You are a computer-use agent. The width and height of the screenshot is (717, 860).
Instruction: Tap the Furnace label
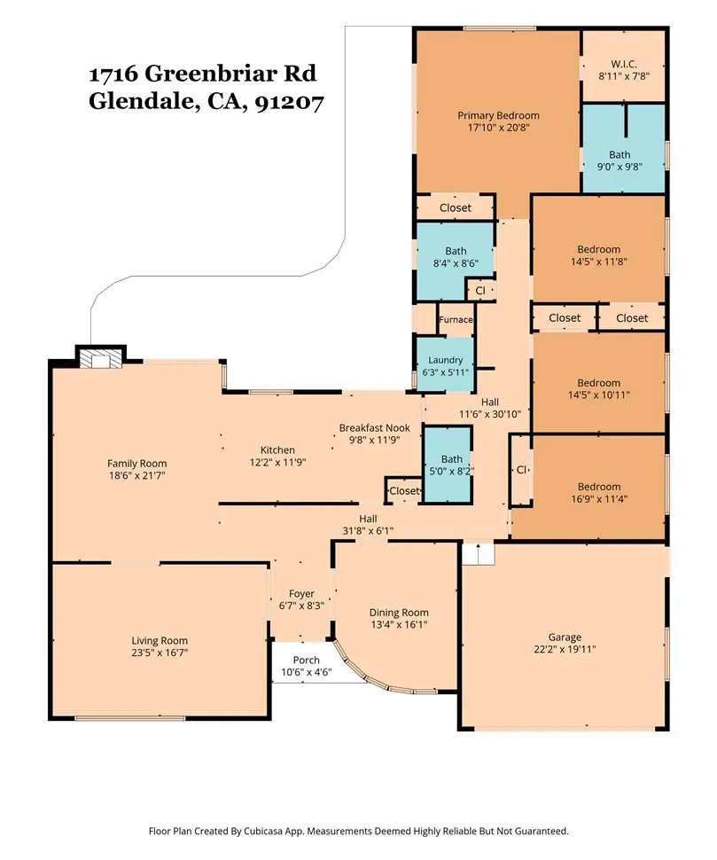click(x=456, y=320)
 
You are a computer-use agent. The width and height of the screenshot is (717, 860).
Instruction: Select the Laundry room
click(x=445, y=364)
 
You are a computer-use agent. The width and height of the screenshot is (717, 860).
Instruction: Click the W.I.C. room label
click(x=624, y=64)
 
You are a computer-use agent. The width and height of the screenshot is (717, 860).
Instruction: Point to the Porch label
click(x=306, y=661)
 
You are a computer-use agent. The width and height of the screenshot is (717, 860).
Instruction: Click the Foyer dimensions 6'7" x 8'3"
click(x=301, y=606)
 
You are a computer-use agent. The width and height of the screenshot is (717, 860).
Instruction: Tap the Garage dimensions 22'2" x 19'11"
click(x=565, y=649)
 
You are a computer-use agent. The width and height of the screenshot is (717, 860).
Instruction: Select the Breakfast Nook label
click(x=374, y=428)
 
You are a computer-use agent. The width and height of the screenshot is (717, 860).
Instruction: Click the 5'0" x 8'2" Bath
click(x=448, y=465)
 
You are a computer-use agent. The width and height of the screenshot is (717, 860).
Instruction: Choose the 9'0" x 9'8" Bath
click(x=623, y=148)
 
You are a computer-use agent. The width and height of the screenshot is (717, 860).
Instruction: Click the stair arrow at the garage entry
click(x=478, y=553)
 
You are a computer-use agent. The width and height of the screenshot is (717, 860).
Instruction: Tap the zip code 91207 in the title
click(x=290, y=101)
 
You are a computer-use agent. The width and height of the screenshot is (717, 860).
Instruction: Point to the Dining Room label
click(x=399, y=613)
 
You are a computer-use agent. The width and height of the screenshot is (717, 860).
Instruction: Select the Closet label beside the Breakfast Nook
click(x=404, y=491)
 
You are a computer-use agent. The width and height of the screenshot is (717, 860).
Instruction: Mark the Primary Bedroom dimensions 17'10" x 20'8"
click(x=498, y=128)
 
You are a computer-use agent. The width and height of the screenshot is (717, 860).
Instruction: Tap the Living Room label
click(x=160, y=640)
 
